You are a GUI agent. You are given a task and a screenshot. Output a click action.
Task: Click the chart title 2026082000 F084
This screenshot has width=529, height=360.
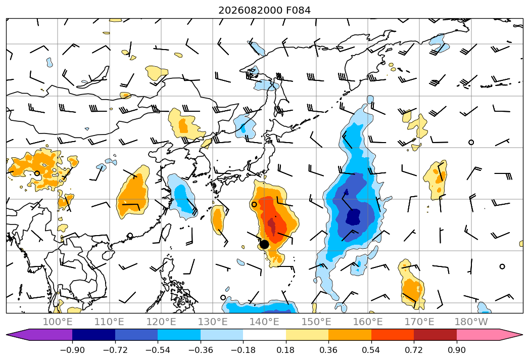point(265,10)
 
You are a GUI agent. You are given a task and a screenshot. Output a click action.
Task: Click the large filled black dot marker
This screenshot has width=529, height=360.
point(264,244)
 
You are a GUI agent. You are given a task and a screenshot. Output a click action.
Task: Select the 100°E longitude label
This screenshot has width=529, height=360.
point(58,322)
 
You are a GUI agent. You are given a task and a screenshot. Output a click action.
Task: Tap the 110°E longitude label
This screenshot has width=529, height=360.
point(109,322)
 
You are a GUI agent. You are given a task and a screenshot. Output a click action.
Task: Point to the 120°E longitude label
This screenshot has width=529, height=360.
point(161,322)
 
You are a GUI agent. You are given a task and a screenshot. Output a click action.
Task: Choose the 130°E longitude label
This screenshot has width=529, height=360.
point(213,322)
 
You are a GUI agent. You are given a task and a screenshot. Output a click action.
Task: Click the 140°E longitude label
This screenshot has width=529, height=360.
point(264,322)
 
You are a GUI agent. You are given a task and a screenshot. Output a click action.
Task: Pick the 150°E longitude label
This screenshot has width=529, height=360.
point(316,322)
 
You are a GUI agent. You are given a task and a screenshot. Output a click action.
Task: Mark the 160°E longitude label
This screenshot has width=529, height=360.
point(368,322)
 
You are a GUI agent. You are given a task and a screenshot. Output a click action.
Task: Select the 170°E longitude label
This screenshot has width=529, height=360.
point(419,322)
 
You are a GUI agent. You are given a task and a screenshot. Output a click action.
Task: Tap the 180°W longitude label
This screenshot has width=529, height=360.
point(471,322)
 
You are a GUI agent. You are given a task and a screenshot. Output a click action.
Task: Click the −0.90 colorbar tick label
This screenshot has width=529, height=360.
point(72,350)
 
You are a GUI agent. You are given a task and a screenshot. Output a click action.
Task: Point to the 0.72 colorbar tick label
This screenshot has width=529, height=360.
point(414,350)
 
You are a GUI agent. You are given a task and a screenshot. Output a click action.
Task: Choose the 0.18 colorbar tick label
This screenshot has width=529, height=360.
point(286,350)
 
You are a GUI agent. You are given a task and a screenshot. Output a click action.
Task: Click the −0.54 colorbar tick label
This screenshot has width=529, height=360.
point(158,350)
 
